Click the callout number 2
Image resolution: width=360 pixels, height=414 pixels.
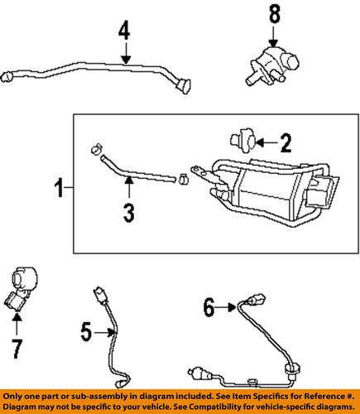(x=286, y=145)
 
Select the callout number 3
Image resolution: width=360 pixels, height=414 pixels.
(x=128, y=213)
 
